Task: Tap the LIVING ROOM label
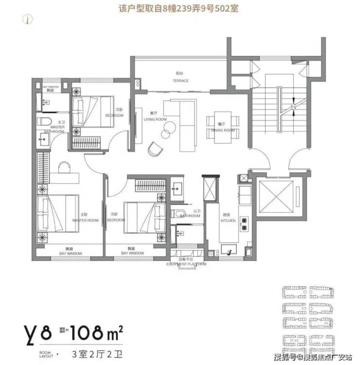click(x=155, y=119)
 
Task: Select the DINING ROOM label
click(x=223, y=130)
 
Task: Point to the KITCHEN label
click(x=228, y=220)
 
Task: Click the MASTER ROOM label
click(x=85, y=220)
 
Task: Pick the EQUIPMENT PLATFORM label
click(x=186, y=264)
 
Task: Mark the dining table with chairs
click(x=223, y=122)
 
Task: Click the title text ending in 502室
click(x=180, y=8)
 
